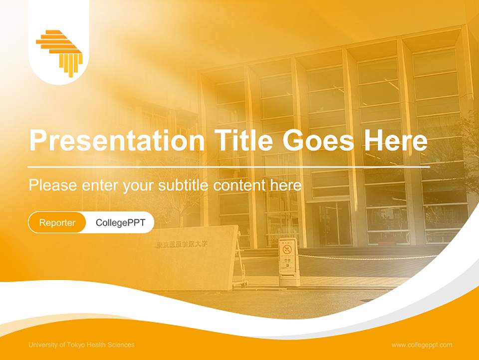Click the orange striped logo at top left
click(59, 52)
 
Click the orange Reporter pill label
click(57, 222)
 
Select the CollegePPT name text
click(120, 222)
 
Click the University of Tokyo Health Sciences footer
click(81, 345)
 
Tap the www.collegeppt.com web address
click(422, 345)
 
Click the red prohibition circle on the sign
click(287, 248)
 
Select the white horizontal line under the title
click(229, 166)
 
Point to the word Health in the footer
click(101, 345)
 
